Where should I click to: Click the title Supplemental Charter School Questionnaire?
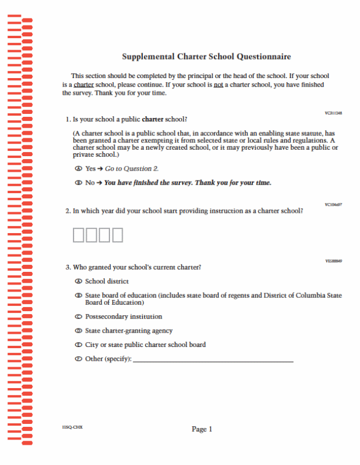point(206,57)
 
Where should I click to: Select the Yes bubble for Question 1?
point(78,168)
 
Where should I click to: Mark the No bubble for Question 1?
point(78,183)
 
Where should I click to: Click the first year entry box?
point(79,235)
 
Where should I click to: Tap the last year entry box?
point(117,235)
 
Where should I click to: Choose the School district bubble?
point(78,281)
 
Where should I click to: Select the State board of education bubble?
point(78,296)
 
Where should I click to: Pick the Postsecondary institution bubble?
point(78,317)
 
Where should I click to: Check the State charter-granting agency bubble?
point(78,331)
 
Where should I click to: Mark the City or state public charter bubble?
point(78,345)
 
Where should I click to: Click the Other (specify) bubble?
point(78,359)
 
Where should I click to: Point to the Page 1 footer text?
point(202,429)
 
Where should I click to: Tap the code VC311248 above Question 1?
point(333,113)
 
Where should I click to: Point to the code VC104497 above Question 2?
point(333,204)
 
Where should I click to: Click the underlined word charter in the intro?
point(83,84)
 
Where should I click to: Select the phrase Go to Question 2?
point(131,168)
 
